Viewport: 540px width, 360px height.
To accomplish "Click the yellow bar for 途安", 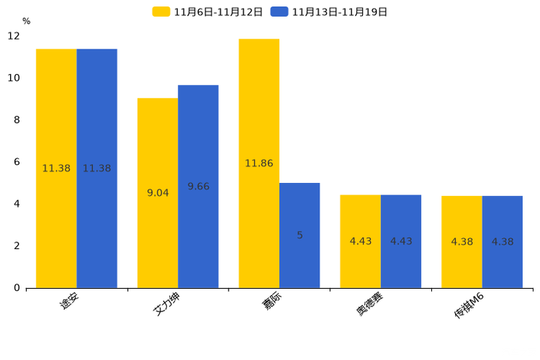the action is (x=57, y=168).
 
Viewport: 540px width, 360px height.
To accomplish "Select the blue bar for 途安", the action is (x=97, y=168).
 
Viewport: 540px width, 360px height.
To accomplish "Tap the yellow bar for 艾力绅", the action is (x=157, y=193).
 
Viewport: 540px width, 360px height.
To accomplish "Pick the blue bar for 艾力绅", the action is (x=198, y=187).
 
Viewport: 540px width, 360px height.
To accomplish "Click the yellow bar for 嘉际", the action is (x=259, y=163).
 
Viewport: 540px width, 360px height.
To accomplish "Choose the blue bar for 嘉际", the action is (x=300, y=235).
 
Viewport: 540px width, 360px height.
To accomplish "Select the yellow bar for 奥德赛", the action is (x=361, y=242).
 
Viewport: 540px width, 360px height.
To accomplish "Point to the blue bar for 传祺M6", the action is (x=502, y=242).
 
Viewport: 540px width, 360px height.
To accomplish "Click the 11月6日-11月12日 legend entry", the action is (x=208, y=12).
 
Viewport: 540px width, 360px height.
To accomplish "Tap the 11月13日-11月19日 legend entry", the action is (x=329, y=12).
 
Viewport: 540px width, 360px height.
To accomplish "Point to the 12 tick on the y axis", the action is (x=14, y=36).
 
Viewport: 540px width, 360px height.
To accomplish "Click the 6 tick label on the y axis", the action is (x=17, y=162).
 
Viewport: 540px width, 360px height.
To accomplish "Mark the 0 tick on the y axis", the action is (x=17, y=288).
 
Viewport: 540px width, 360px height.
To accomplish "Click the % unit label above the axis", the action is (x=27, y=21).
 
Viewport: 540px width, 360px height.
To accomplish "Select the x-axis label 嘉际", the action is (x=271, y=300).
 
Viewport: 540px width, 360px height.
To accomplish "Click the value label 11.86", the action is (x=259, y=163).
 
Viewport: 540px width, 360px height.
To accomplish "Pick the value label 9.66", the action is (x=198, y=187).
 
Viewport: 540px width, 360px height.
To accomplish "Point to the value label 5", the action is (x=300, y=235).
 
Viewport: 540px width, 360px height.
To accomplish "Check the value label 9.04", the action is (x=157, y=193).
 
